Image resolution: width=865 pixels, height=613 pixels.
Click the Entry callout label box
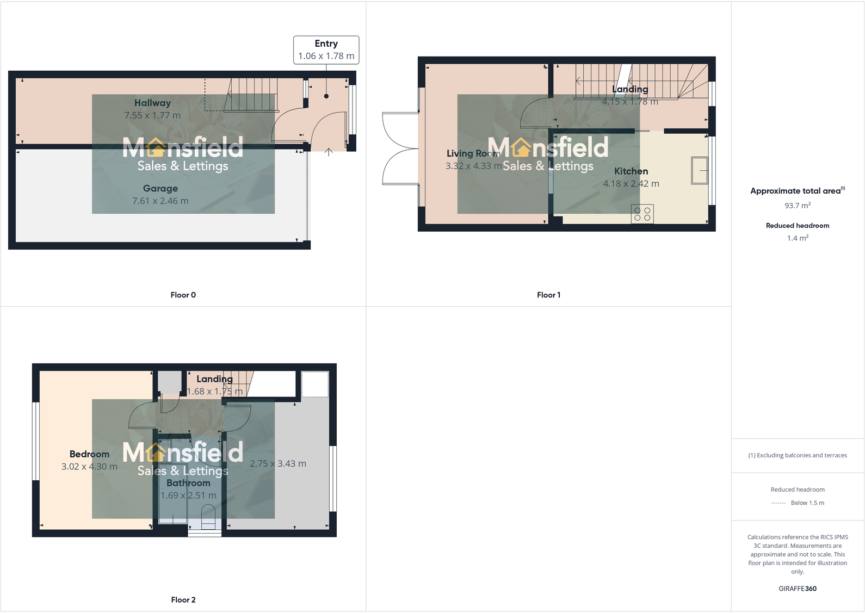click(326, 50)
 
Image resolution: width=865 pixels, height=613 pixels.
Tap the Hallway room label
click(152, 103)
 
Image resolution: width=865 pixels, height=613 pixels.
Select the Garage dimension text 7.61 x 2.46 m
click(160, 201)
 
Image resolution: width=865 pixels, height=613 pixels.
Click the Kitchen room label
click(631, 171)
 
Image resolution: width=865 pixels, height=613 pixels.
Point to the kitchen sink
click(699, 170)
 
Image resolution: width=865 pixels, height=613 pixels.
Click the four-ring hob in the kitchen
click(642, 214)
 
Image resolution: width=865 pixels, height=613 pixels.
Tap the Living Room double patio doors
click(400, 148)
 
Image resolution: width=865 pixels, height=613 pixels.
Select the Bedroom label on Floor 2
click(89, 454)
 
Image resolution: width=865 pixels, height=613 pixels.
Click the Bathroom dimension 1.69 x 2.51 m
click(188, 496)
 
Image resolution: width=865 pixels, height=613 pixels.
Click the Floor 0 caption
click(183, 295)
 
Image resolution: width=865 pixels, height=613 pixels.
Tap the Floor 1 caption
click(548, 295)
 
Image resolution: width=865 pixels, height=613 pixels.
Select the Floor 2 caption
click(183, 599)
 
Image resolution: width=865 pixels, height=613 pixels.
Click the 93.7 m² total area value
click(798, 206)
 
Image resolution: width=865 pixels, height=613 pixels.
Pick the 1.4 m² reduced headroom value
click(798, 238)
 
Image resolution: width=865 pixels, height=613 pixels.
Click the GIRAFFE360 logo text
click(798, 589)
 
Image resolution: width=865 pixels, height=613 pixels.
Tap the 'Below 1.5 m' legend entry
click(807, 503)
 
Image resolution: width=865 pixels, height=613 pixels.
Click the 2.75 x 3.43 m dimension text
click(278, 464)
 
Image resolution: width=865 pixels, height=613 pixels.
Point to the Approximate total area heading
click(796, 191)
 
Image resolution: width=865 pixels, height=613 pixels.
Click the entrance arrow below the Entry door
click(329, 152)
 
